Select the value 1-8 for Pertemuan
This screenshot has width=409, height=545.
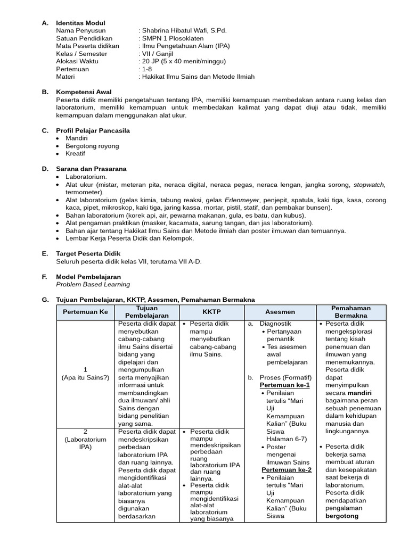pyautogui.click(x=146, y=69)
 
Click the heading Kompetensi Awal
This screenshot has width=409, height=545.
pyautogui.click(x=84, y=92)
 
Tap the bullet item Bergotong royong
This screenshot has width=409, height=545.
pyautogui.click(x=92, y=146)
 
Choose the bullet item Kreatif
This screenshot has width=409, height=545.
pyautogui.click(x=76, y=153)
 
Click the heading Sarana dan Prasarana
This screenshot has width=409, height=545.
pyautogui.click(x=91, y=169)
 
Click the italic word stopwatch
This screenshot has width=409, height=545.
pyautogui.click(x=369, y=184)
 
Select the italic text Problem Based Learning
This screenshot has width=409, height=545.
pyautogui.click(x=93, y=284)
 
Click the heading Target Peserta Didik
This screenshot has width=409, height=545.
pyautogui.click(x=88, y=254)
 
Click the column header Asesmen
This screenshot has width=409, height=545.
pyautogui.click(x=280, y=312)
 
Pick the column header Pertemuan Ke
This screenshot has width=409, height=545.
pyautogui.click(x=85, y=312)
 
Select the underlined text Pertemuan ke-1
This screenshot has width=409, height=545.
pyautogui.click(x=284, y=385)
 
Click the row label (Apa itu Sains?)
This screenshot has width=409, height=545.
pyautogui.click(x=85, y=377)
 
